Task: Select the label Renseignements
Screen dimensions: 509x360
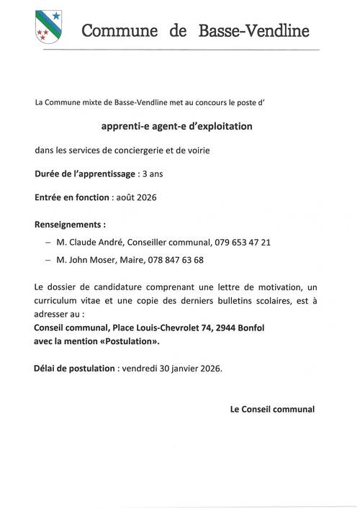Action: (x=73, y=224)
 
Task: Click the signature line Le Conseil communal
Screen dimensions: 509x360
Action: (x=271, y=409)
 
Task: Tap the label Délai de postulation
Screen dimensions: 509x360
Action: (x=74, y=368)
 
